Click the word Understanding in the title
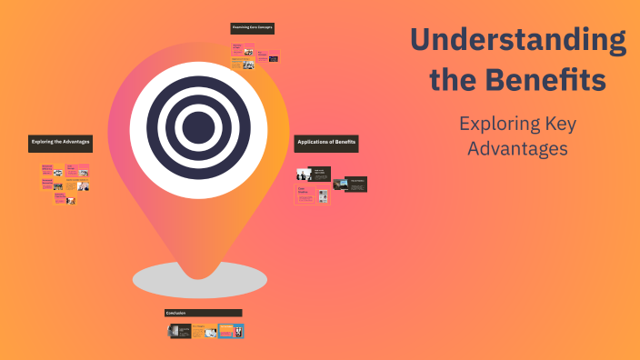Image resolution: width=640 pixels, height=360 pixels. [517, 41]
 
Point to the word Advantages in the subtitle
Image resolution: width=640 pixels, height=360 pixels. [517, 147]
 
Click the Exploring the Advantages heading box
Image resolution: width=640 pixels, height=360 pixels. [60, 142]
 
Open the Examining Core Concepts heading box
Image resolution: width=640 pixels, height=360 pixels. [252, 28]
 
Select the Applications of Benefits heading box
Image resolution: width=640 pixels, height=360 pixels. [326, 143]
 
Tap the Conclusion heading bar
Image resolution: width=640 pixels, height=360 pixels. [204, 313]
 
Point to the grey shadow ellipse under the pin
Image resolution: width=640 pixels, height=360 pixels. [199, 279]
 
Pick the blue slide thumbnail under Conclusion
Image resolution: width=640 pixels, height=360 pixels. [232, 331]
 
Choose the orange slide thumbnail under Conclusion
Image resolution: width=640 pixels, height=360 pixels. [205, 331]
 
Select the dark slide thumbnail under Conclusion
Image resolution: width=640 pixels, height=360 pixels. [178, 331]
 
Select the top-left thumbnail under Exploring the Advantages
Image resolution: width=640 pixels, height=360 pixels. [46, 169]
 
